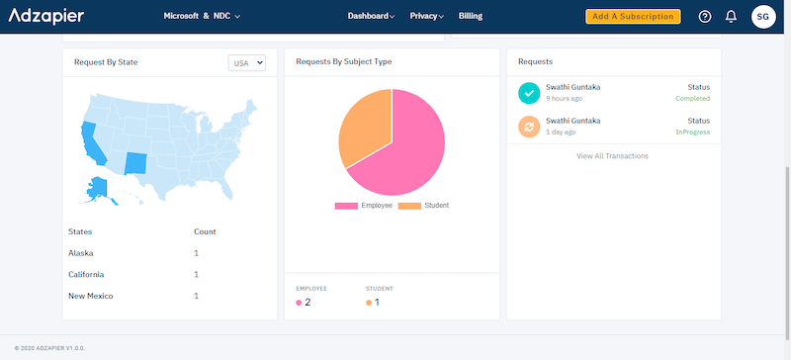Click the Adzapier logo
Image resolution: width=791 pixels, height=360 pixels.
[45, 16]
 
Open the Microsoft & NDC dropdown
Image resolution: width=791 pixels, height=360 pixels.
[202, 17]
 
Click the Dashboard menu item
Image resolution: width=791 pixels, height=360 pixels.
[371, 17]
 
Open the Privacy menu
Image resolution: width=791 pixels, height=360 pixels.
[426, 17]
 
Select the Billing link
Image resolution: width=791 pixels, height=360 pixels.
[471, 17]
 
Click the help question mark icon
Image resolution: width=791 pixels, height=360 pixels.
[704, 17]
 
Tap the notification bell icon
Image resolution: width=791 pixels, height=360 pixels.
[731, 17]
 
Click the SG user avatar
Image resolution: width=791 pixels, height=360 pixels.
[763, 17]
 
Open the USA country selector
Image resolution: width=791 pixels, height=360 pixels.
[247, 62]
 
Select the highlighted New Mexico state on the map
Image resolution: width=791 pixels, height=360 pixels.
[136, 162]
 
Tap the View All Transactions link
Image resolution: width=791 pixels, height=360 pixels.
[613, 156]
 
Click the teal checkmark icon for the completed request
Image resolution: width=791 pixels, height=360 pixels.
[529, 93]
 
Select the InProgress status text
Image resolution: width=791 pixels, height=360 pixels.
[692, 132]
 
